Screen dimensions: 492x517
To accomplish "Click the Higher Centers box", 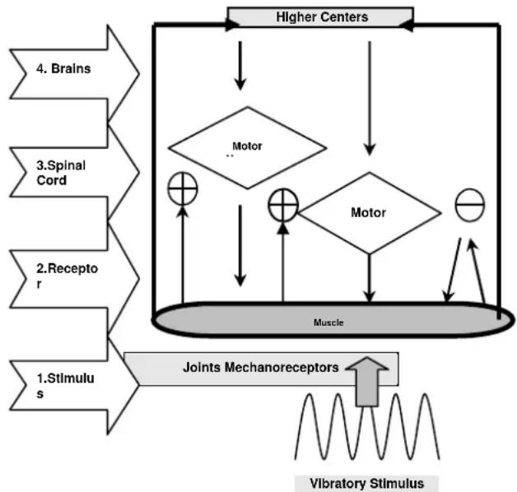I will pyautogui.click(x=320, y=16).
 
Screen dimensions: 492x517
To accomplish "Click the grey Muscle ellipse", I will pyautogui.click(x=328, y=322).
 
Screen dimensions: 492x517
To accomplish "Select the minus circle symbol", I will pyautogui.click(x=469, y=204).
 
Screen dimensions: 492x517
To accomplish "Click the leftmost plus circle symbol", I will pyautogui.click(x=182, y=189).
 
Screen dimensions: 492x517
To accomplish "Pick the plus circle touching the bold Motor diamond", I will pyautogui.click(x=282, y=204).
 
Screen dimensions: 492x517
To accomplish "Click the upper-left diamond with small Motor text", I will pyautogui.click(x=247, y=148).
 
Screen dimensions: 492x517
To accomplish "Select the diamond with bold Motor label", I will pyautogui.click(x=368, y=212).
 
